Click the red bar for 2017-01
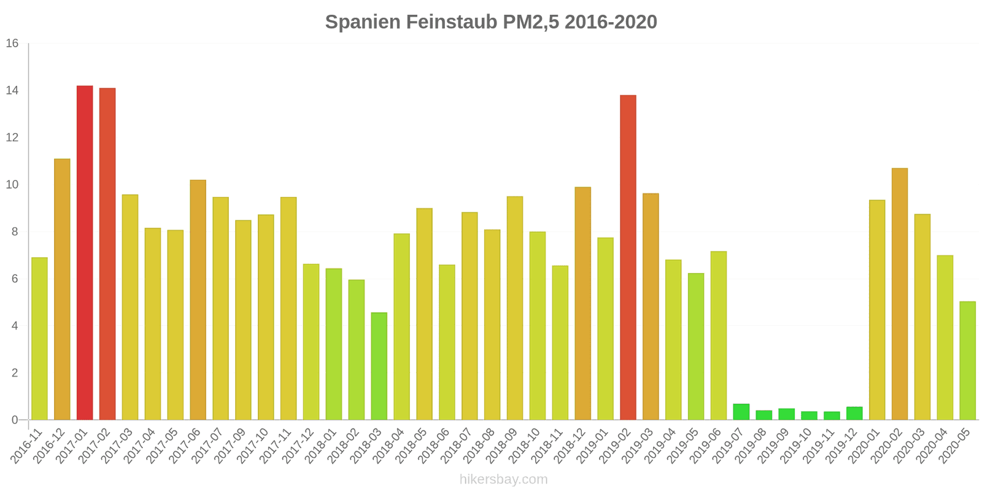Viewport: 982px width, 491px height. (85, 253)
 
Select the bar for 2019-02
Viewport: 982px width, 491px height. (628, 258)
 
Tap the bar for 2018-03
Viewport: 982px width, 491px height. (379, 366)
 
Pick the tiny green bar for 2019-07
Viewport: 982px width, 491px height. (741, 412)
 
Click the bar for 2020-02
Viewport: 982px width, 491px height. (899, 294)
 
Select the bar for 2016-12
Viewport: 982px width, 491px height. (62, 290)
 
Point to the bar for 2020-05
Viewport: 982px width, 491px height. (967, 361)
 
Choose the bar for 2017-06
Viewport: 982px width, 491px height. (198, 300)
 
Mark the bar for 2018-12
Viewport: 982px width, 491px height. (582, 304)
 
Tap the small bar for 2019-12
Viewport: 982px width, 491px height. (854, 414)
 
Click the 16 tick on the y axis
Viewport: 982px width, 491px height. (12, 44)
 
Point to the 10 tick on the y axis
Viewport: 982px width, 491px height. (12, 185)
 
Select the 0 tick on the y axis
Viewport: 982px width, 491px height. (15, 420)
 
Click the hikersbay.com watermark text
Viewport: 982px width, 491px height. (503, 479)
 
